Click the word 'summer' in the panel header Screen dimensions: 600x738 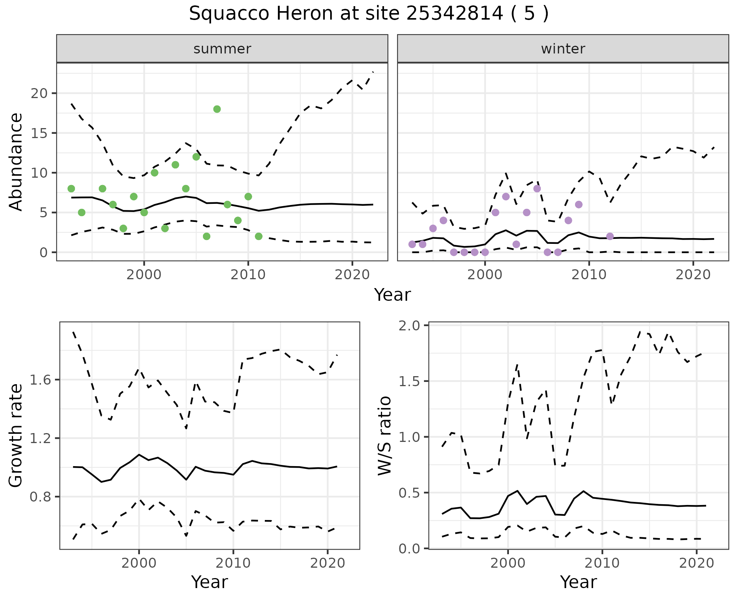pos(222,49)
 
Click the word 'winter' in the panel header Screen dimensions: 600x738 pos(563,49)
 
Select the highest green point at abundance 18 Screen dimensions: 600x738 pos(217,109)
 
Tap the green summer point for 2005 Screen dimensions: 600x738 pos(196,157)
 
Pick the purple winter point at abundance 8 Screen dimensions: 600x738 pos(537,188)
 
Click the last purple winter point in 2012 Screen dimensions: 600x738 pos(610,236)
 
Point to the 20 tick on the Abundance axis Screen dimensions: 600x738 pos(39,93)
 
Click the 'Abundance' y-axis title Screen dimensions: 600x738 pos(16,162)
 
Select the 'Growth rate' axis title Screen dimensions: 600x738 pos(16,435)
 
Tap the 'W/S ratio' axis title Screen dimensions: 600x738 pos(384,435)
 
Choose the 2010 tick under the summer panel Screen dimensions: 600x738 pos(248,275)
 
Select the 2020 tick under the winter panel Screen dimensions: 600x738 pos(693,275)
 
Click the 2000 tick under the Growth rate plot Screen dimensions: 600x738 pos(139,563)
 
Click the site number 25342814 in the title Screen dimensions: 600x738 pos(454,14)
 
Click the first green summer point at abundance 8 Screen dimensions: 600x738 pos(71,188)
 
